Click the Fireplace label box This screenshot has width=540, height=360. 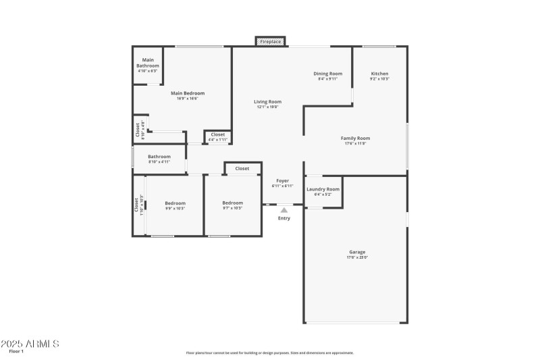point(271,42)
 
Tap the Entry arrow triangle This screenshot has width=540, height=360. point(284,211)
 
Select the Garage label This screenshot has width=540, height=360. point(357,252)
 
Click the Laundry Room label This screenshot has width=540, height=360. point(323,189)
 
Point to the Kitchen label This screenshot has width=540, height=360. point(379,74)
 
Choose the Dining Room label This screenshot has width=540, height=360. point(327,74)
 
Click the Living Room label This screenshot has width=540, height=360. point(267,102)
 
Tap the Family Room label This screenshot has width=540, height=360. point(355,138)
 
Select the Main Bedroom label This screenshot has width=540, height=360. point(187,93)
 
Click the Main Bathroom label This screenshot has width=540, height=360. point(147,62)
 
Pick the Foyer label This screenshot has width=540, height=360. point(282,181)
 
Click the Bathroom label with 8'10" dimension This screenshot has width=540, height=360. point(159,157)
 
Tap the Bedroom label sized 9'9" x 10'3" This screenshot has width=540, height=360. point(175,203)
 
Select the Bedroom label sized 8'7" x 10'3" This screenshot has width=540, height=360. point(232,203)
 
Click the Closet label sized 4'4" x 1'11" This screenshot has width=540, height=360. point(218,134)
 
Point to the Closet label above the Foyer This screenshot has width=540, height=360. point(242,168)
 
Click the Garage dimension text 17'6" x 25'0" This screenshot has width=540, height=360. point(357,257)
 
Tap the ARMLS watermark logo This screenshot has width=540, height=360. point(30,344)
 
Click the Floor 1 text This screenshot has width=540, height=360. point(16,352)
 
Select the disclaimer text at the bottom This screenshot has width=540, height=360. point(269,353)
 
